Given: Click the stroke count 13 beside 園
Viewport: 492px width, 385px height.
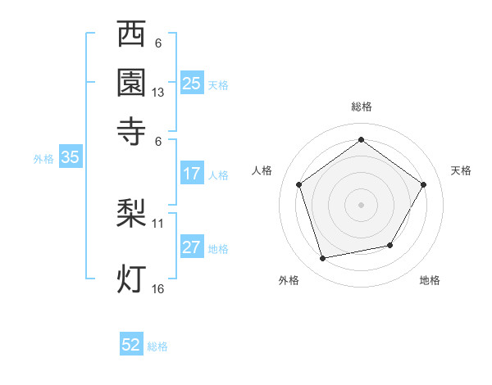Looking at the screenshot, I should point(158,93).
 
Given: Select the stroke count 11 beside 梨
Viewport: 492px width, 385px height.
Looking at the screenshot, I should point(158,223).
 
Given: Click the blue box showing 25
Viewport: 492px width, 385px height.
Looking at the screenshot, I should point(192,84).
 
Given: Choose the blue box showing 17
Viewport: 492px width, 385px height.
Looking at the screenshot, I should point(192,174).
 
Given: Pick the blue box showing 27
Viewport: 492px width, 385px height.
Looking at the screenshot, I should point(192,248).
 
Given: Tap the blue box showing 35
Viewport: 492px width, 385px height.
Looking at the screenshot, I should point(70,158).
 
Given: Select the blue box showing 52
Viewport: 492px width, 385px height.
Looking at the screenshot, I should point(131,346).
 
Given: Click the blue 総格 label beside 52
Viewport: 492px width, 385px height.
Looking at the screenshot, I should point(157,346).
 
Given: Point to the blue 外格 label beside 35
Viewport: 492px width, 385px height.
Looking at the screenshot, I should point(43,159).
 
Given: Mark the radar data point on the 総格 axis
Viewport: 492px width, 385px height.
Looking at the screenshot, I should point(361,140).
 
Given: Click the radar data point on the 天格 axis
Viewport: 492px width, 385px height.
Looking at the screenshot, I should point(423,185).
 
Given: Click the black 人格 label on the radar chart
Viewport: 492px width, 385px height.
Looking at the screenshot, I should point(262,170).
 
